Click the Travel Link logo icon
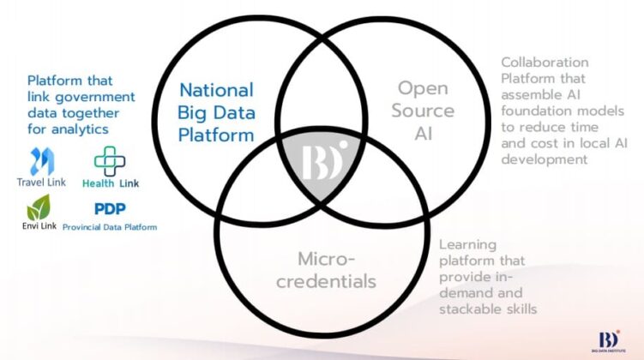pyautogui.click(x=42, y=161)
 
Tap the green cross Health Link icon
pyautogui.click(x=110, y=161)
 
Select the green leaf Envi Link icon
pyautogui.click(x=39, y=207)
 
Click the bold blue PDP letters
pyautogui.click(x=110, y=208)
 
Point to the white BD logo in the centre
pyautogui.click(x=324, y=160)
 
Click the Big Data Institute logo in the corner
pyautogui.click(x=609, y=341)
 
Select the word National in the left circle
pyautogui.click(x=216, y=90)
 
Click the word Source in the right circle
pyautogui.click(x=423, y=111)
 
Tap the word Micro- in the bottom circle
pyautogui.click(x=326, y=259)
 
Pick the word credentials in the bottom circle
pyautogui.click(x=326, y=282)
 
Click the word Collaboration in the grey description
pyautogui.click(x=545, y=63)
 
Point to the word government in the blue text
pyautogui.click(x=95, y=98)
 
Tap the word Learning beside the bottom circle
pyautogui.click(x=468, y=245)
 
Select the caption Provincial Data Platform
pyautogui.click(x=110, y=227)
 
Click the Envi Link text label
pyautogui.click(x=39, y=225)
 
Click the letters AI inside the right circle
pyautogui.click(x=424, y=134)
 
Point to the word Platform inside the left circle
pyautogui.click(x=216, y=135)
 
